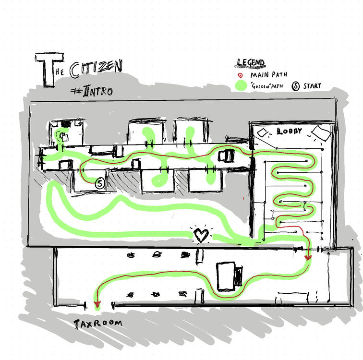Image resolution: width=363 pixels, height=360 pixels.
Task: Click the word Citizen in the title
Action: tap(96, 70)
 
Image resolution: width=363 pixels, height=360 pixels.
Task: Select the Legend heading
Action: tap(250, 63)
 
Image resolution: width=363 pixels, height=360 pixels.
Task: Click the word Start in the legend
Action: tap(312, 86)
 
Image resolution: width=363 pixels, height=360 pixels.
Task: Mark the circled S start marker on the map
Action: tap(100, 183)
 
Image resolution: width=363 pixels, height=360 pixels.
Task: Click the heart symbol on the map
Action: tap(201, 235)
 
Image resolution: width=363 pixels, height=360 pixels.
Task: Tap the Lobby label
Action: tap(290, 131)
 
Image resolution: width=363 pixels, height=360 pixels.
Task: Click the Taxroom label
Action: tap(98, 324)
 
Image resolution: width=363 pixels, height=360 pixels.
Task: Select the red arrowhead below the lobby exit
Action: tap(308, 258)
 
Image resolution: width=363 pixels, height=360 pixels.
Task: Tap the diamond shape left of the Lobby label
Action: tap(263, 132)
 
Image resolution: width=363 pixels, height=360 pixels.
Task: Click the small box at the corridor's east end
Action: tap(226, 156)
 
